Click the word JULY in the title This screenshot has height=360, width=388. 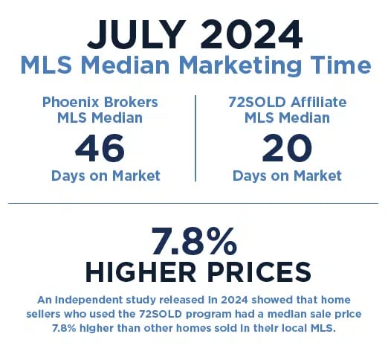[137, 34]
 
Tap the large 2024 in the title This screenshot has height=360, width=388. [251, 34]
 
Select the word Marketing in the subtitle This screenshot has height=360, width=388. [240, 65]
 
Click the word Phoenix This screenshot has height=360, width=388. [71, 102]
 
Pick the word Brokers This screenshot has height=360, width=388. [131, 102]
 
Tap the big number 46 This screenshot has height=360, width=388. [100, 148]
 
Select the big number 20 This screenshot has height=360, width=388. [287, 148]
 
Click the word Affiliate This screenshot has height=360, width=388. [318, 102]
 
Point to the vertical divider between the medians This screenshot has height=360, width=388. [195, 138]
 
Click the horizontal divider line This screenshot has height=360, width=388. [193, 203]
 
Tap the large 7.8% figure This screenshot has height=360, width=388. [194, 241]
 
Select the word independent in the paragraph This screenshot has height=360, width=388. [88, 300]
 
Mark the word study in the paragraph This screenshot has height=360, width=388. [141, 300]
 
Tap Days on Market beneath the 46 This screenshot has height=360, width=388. [106, 176]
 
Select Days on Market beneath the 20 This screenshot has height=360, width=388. [287, 176]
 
